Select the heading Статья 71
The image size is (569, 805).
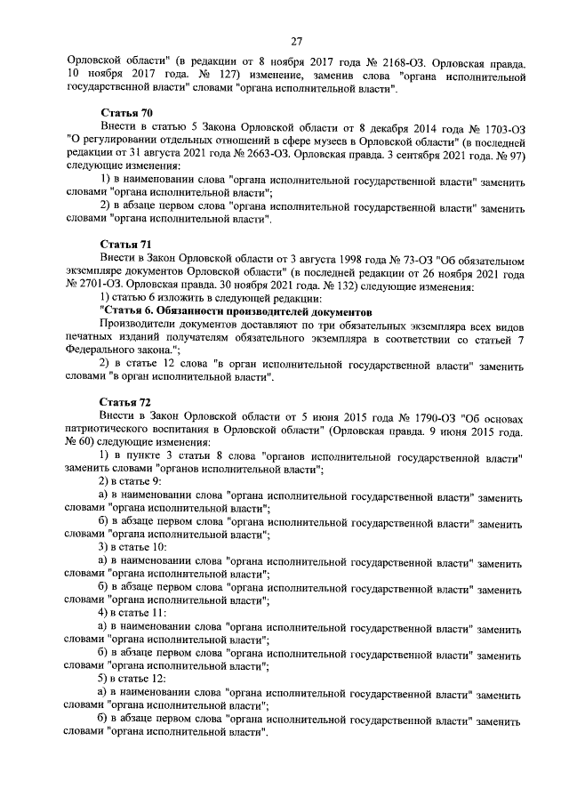pos(125,243)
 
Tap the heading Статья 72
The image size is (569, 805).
pos(125,401)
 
